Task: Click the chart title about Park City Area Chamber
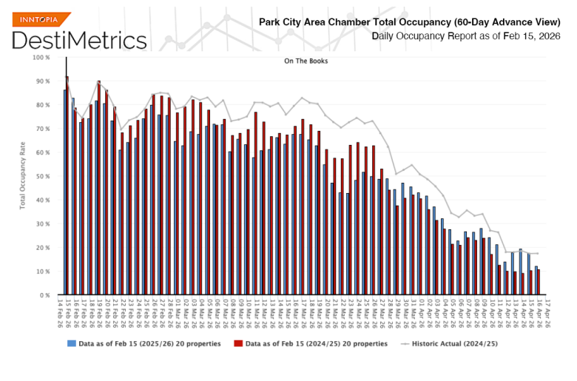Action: tap(411, 21)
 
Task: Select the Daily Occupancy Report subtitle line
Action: tap(456, 36)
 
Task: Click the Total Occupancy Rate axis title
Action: tap(24, 176)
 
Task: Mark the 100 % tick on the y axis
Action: tap(41, 57)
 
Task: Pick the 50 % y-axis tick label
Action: tap(42, 176)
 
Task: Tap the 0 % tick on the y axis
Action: tap(44, 295)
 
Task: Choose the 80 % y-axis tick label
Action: tap(42, 105)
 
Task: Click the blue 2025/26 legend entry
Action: tap(144, 343)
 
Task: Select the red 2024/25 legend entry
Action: tap(310, 343)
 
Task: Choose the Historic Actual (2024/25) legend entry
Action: tap(449, 343)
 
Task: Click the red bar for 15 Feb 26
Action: tap(67, 186)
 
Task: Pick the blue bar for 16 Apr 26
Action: tap(536, 281)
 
